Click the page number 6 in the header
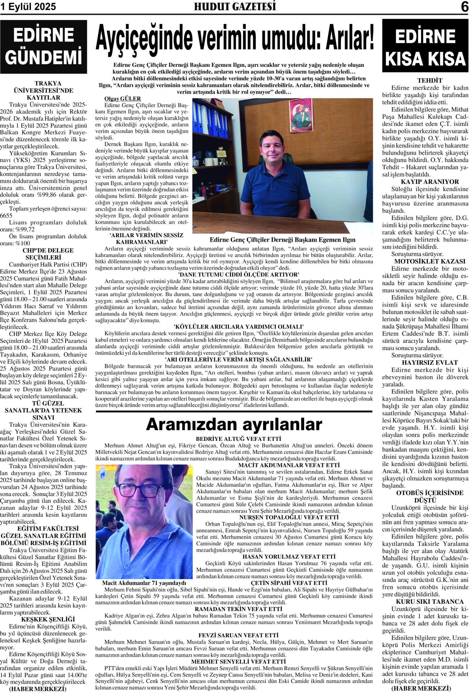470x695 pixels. [464, 7]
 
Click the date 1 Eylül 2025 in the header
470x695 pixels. [28, 7]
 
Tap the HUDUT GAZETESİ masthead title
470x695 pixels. [235, 7]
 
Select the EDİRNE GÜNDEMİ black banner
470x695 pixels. [43, 47]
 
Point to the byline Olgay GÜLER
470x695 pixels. [122, 99]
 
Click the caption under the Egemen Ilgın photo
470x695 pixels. [283, 239]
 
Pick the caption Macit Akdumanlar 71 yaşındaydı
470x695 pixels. [144, 583]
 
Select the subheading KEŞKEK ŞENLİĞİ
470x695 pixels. [44, 619]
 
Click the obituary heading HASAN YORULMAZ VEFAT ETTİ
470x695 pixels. [289, 557]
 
